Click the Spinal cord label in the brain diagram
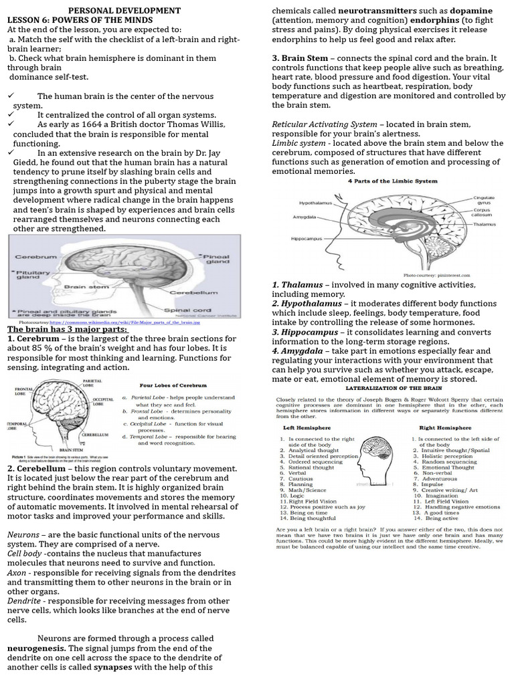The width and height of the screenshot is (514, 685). tap(193, 310)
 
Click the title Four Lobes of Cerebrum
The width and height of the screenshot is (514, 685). tap(172, 385)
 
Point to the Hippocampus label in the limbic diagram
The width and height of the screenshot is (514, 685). tap(307, 239)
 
